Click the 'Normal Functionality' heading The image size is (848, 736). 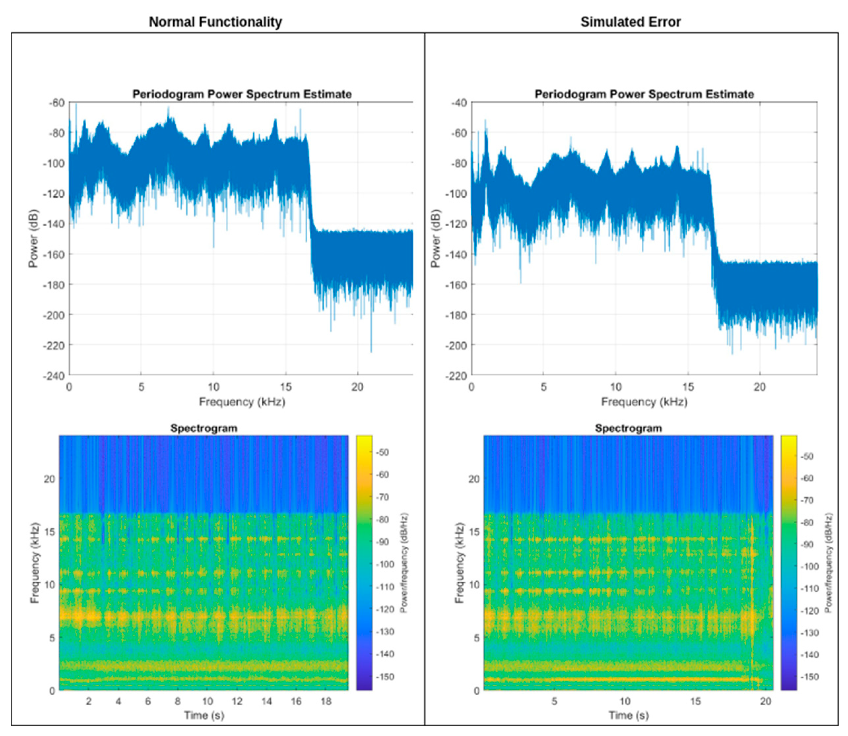click(x=215, y=22)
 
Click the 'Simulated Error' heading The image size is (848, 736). click(x=630, y=22)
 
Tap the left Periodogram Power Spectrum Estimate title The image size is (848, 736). click(x=242, y=94)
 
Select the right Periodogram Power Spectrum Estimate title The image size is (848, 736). click(x=644, y=94)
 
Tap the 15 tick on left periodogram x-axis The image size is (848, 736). click(x=285, y=387)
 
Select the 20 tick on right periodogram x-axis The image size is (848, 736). click(x=759, y=387)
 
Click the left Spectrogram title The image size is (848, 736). click(x=204, y=428)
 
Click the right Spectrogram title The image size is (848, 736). click(x=628, y=428)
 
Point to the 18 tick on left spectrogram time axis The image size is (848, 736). click(x=326, y=701)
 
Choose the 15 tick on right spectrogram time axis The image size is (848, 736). click(x=695, y=701)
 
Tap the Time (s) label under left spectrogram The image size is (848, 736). click(x=204, y=715)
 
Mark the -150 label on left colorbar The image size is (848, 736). click(x=385, y=677)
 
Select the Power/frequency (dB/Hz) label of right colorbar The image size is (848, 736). click(x=828, y=563)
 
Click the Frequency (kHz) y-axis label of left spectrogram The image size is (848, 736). click(x=35, y=563)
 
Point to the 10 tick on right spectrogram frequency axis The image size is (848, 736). click(x=474, y=585)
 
